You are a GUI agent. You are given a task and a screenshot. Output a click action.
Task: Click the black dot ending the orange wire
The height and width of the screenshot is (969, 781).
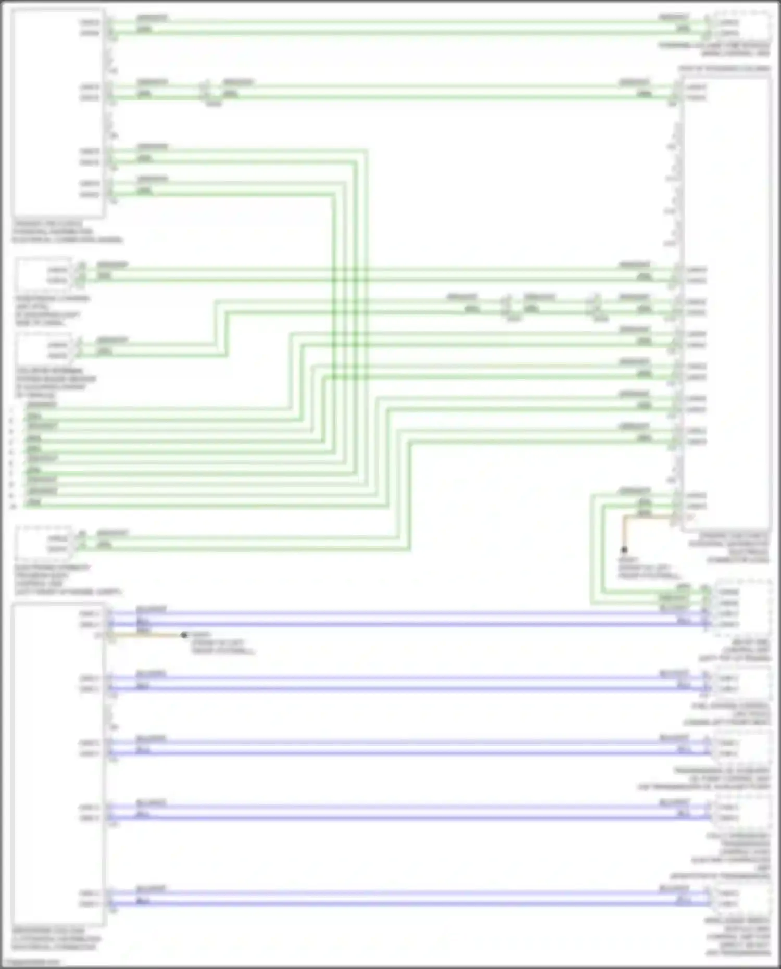click(x=624, y=549)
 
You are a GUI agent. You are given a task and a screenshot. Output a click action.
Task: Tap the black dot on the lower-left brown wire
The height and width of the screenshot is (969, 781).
click(x=184, y=635)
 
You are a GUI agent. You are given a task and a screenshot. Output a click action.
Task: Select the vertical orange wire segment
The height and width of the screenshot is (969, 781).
click(x=624, y=532)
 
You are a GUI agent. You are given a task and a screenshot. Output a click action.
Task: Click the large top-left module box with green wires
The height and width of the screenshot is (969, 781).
click(x=58, y=113)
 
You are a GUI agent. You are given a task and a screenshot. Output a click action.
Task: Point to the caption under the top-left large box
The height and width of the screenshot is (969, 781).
click(x=68, y=232)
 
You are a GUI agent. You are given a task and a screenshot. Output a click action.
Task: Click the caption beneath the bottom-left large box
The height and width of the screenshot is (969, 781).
click(x=57, y=938)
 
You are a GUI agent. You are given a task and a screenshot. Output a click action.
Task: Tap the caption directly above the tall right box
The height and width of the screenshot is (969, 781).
click(x=724, y=68)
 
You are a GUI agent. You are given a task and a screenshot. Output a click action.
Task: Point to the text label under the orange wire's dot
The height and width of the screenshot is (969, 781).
click(x=649, y=568)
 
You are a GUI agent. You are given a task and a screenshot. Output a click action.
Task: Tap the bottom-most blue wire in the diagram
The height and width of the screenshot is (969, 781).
click(x=406, y=903)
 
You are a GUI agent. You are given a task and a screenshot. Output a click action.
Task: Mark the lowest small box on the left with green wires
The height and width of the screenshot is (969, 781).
click(x=44, y=542)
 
